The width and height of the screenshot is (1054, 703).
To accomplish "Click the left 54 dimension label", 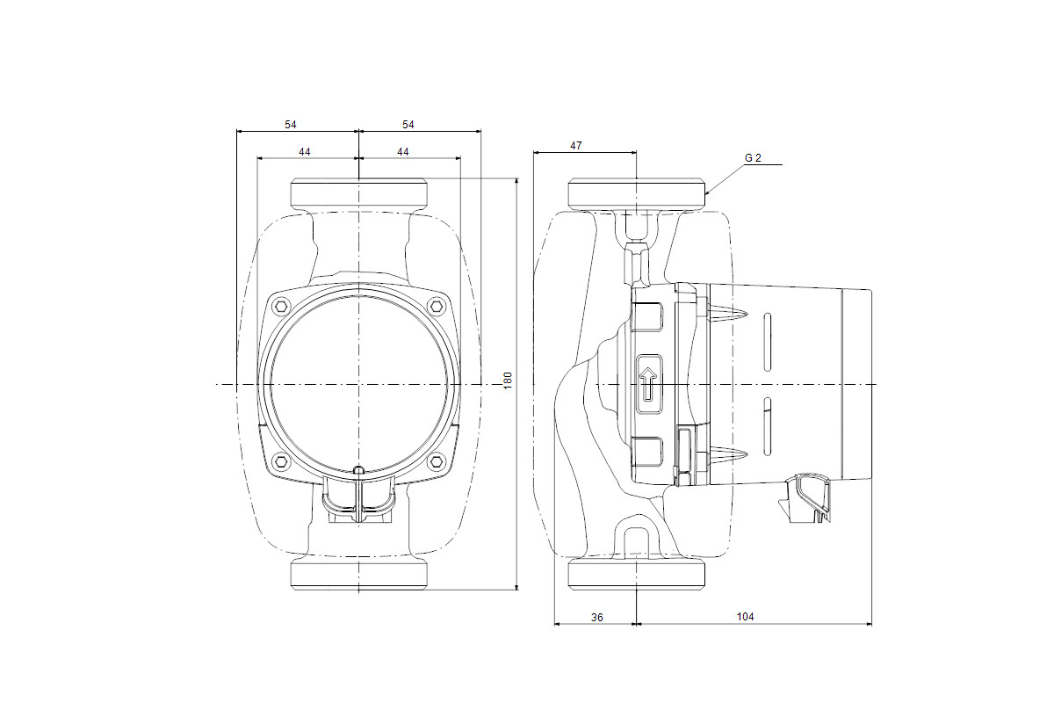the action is [291, 125].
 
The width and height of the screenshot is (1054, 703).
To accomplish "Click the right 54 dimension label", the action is [408, 125].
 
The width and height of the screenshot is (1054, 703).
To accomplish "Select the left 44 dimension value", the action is [305, 152].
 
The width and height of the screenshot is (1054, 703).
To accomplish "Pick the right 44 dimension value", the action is [403, 152].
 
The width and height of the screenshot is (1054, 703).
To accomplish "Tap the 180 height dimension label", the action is [508, 380].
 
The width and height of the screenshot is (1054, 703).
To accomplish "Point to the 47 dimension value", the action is [576, 146].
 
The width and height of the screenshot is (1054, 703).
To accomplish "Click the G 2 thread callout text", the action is [753, 158].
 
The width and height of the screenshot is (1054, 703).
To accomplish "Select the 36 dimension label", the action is [596, 617].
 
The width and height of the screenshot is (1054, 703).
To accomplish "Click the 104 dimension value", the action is [745, 616].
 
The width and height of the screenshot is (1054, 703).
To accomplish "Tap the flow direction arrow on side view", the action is [648, 384].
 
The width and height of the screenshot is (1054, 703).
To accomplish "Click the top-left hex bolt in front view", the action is [281, 307].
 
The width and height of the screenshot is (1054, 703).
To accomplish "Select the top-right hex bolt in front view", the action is [437, 307].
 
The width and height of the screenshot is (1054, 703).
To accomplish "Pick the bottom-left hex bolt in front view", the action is [281, 460].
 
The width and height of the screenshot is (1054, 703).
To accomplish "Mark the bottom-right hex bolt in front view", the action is [437, 460].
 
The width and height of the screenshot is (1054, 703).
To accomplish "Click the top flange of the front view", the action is [359, 194].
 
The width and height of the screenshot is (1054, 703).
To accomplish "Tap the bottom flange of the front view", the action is [359, 573].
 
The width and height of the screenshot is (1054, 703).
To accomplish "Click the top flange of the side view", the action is [637, 194].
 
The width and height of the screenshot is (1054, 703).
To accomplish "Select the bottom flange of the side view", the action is [637, 573].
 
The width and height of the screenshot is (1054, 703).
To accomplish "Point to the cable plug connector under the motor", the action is [805, 497].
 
